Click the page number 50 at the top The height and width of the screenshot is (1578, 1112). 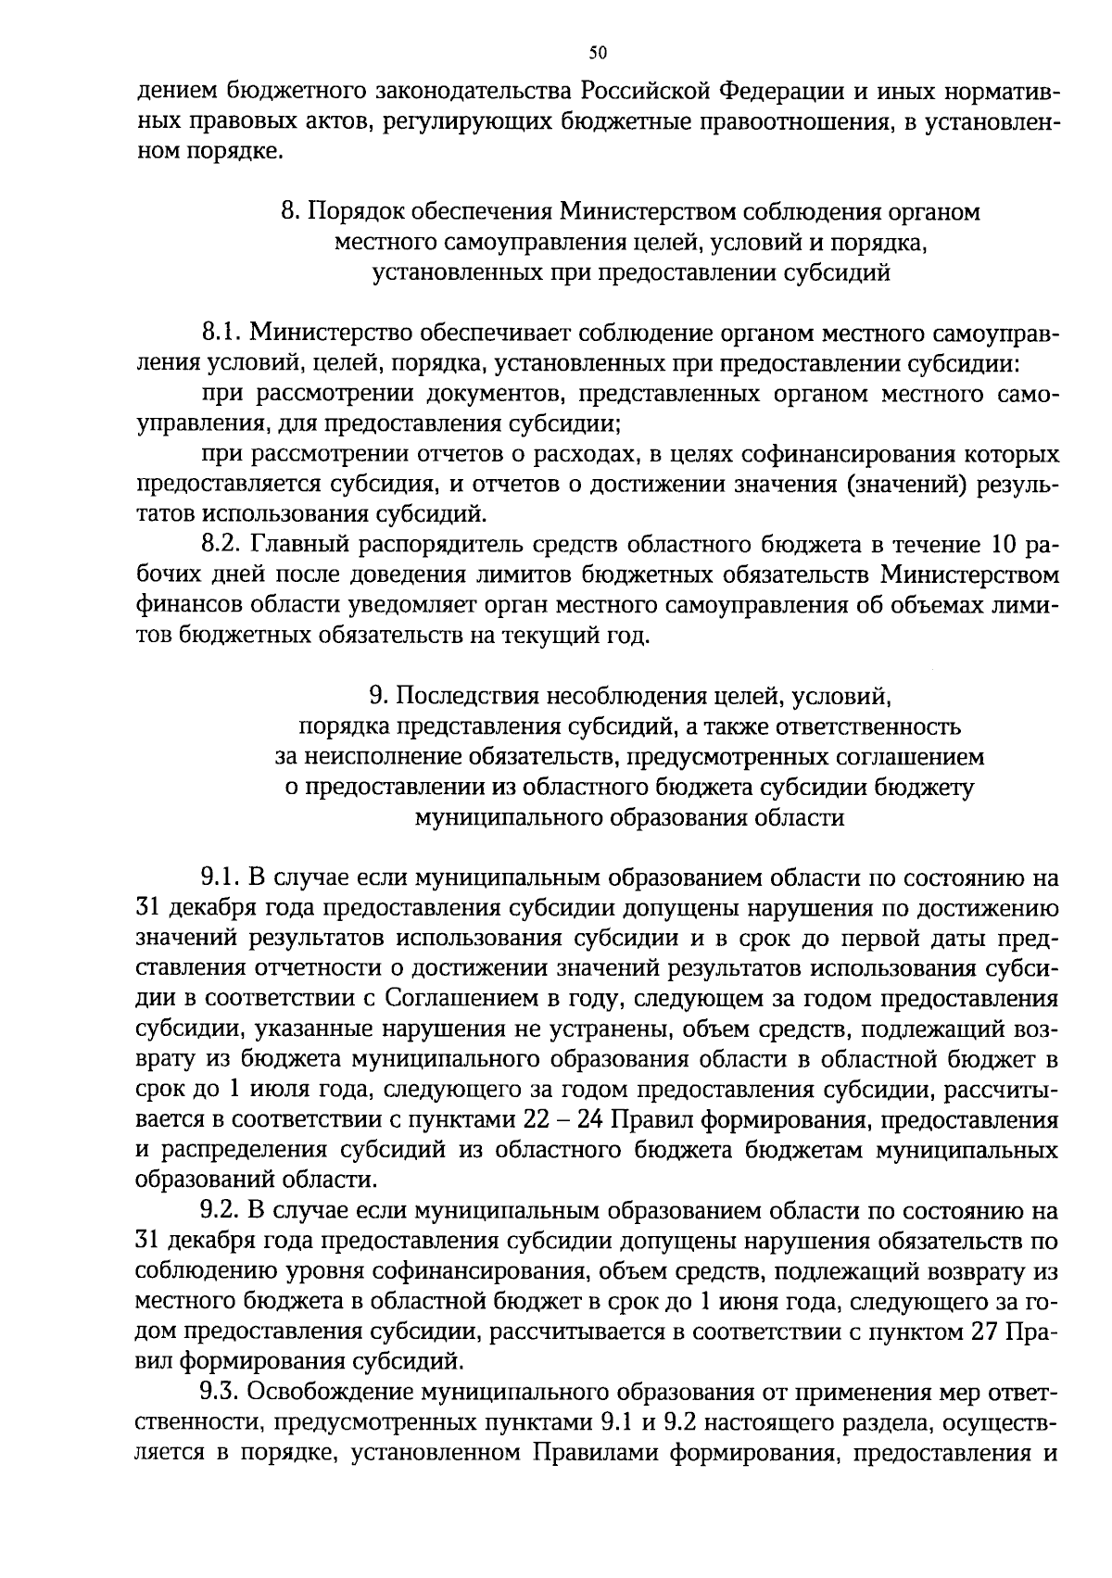pyautogui.click(x=597, y=53)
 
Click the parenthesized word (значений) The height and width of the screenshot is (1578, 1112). pyautogui.click(x=892, y=485)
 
